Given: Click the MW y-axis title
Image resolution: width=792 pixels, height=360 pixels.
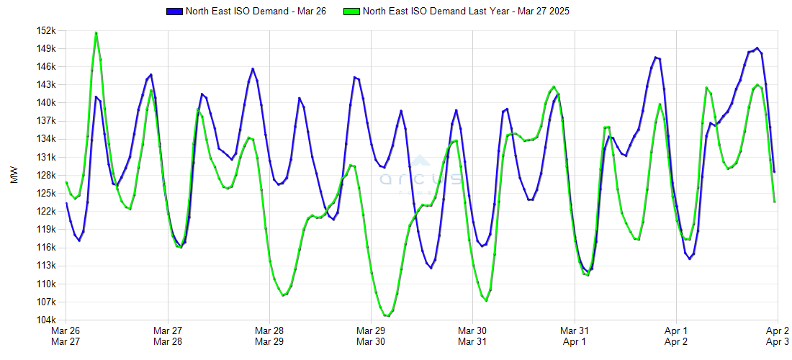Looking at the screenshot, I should [14, 175].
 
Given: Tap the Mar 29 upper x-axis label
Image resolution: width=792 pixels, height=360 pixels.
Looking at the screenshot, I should [370, 330].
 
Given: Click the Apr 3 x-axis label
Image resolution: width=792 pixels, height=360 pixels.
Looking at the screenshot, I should [777, 342].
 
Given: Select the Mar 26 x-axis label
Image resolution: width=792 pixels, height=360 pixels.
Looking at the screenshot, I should [66, 330].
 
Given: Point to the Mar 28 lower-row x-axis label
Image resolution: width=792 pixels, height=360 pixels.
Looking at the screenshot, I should [167, 342].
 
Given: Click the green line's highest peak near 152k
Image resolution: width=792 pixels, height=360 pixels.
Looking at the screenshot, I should [96, 32].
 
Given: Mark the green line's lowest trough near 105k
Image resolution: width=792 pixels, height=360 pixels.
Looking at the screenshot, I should [387, 315].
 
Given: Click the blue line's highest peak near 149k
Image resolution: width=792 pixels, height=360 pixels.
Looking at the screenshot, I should [757, 48].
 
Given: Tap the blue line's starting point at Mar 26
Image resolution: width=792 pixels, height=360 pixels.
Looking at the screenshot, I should [66, 203].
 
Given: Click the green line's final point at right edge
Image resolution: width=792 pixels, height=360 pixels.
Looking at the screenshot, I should [774, 202].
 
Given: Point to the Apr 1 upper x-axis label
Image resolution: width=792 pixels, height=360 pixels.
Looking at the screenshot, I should [675, 330].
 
